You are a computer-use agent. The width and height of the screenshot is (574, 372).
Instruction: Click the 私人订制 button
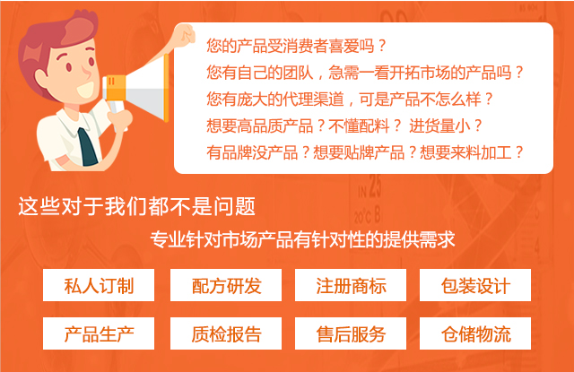[x=99, y=285]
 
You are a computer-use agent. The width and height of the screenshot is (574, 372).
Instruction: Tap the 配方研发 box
[x=226, y=285]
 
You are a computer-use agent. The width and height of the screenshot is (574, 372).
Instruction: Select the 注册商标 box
[x=351, y=285]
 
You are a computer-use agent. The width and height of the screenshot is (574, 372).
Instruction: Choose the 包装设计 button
[x=475, y=285]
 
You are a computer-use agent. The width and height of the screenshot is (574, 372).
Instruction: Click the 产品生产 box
[x=99, y=333]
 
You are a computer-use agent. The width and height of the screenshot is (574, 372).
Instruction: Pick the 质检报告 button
[x=226, y=333]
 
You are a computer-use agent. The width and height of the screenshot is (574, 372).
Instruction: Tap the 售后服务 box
[x=351, y=333]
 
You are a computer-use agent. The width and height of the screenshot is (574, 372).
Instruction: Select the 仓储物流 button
[x=475, y=333]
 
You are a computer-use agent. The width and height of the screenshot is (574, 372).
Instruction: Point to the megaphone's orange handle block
[x=115, y=88]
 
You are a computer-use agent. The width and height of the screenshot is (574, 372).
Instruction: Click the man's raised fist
[x=185, y=36]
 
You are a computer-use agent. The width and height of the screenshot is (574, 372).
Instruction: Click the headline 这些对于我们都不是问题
[x=136, y=206]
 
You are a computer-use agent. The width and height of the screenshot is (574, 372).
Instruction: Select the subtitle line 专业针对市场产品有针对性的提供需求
[x=302, y=240]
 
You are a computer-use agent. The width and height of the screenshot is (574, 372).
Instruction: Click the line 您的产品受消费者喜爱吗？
[x=296, y=46]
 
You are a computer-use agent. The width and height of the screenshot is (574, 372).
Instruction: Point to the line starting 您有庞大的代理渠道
[x=350, y=99]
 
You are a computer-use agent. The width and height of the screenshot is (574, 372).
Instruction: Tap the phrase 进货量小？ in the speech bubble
[x=445, y=125]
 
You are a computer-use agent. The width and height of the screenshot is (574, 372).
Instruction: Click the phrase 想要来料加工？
[x=472, y=152]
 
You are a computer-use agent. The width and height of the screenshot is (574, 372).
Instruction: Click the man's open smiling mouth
[x=86, y=90]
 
